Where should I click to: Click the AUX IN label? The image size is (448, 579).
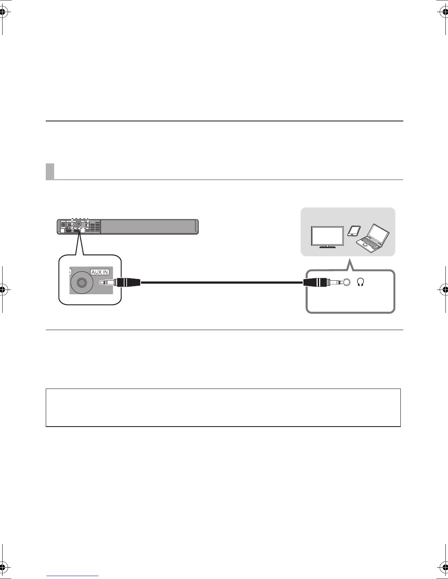(100, 272)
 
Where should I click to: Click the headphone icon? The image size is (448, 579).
(361, 282)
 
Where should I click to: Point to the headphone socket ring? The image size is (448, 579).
(346, 282)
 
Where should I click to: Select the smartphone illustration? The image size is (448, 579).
(354, 231)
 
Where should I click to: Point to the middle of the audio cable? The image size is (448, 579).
(222, 283)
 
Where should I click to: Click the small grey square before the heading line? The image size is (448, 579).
(50, 171)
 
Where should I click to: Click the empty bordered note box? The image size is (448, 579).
(223, 408)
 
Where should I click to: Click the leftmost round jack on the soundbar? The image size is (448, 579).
(63, 224)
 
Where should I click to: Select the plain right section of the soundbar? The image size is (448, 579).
(148, 226)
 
